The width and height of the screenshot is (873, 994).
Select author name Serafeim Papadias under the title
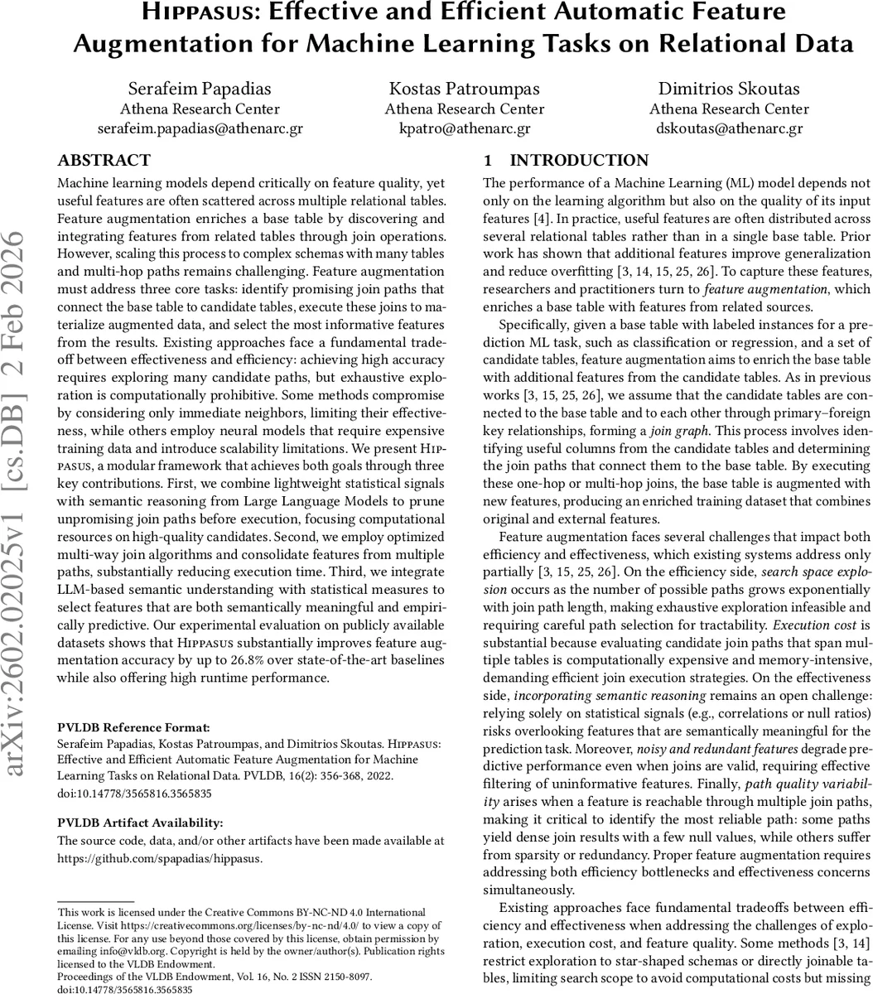coord(200,89)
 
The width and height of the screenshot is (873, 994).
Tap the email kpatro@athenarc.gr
coord(465,128)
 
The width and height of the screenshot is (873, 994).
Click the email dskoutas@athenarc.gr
coord(729,128)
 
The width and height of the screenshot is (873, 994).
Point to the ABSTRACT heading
coord(104,161)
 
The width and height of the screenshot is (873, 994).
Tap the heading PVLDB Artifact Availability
coord(128,823)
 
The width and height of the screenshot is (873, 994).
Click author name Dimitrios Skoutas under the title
coord(729,89)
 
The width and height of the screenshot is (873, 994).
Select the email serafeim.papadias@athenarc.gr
coord(200,128)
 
